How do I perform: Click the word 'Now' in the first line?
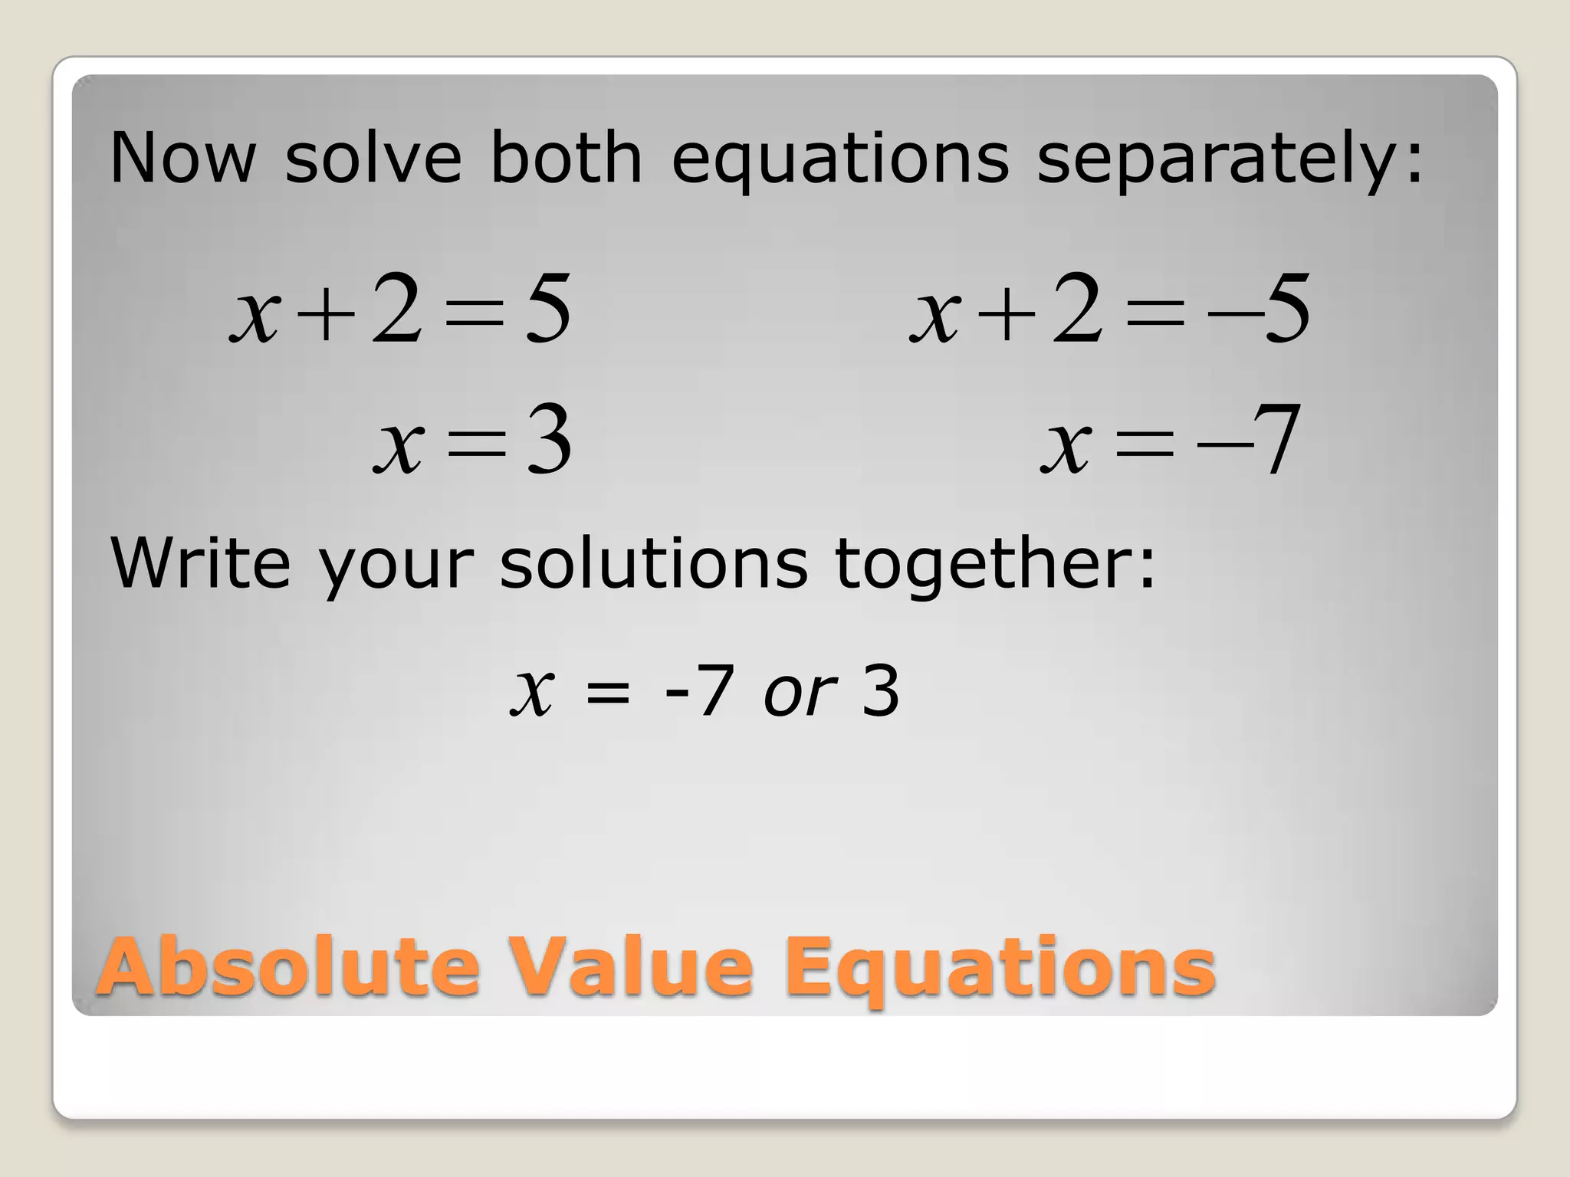(x=182, y=159)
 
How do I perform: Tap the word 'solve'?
(x=373, y=159)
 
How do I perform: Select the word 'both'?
(x=566, y=159)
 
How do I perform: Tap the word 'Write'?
(x=201, y=562)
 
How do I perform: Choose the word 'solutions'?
(x=653, y=562)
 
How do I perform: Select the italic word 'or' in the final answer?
(x=800, y=693)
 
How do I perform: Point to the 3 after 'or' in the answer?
(x=881, y=691)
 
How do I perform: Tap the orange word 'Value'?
(x=632, y=967)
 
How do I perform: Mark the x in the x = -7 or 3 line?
(x=532, y=693)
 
